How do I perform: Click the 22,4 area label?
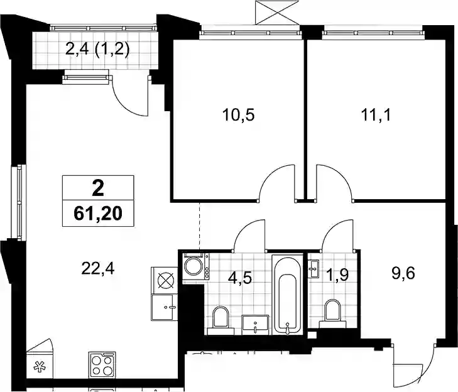pos(98,269)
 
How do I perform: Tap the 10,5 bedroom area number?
pos(238,115)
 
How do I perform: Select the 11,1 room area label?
pos(376,115)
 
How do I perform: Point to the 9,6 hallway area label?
pos(403,274)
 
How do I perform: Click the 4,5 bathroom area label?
pos(240,278)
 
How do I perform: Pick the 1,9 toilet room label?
pos(337,275)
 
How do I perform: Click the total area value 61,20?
pos(98,214)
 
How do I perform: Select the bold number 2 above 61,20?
pos(98,188)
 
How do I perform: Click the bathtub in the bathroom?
pos(287,295)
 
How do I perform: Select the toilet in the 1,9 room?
pos(333,314)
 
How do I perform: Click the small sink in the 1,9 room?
pos(314,268)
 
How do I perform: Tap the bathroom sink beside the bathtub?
pos(255,325)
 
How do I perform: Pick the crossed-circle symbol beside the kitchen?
pos(166,280)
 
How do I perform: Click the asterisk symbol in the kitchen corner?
pos(38,367)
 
